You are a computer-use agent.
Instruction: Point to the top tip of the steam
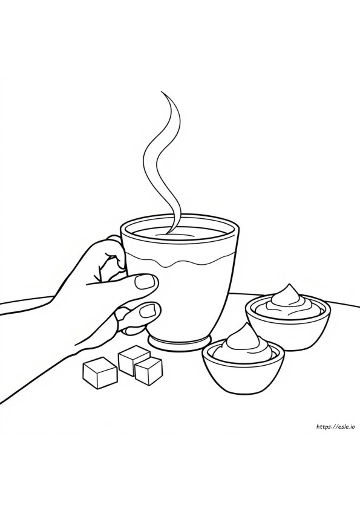(162, 92)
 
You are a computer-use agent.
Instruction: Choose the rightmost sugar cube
(148, 371)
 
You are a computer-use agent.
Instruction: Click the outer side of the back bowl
(288, 331)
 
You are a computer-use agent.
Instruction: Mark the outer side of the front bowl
(243, 372)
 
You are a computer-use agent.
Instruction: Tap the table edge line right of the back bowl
(344, 300)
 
